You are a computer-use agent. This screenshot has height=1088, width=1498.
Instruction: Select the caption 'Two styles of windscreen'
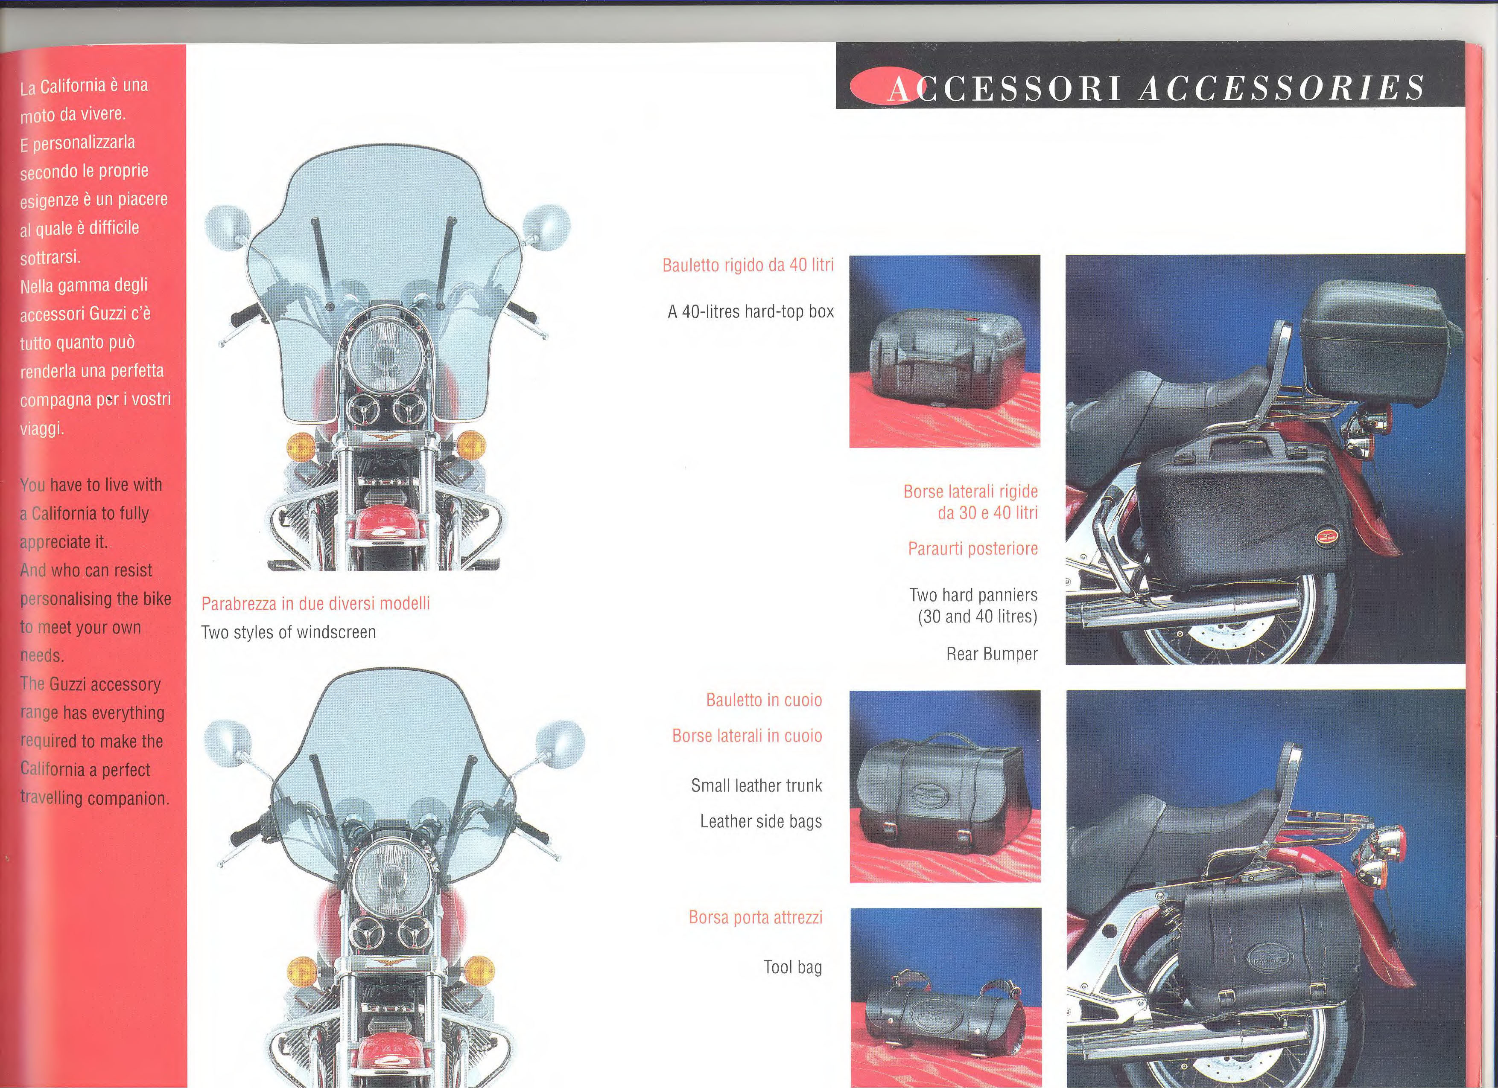[289, 632]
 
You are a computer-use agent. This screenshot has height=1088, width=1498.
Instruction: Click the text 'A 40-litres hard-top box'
[750, 311]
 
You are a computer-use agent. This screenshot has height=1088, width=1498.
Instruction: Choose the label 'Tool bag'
[793, 967]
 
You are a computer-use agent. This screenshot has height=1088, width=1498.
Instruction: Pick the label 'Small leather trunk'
[756, 785]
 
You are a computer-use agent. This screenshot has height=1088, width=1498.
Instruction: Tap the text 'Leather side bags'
[761, 821]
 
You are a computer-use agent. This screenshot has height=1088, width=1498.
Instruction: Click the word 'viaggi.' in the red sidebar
[41, 428]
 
